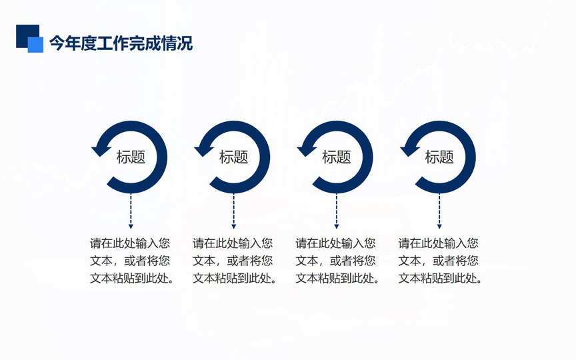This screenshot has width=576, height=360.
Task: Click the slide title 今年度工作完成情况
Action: (x=121, y=43)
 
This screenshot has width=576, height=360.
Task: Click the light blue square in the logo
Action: (x=35, y=45)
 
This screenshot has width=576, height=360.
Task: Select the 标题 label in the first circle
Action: (x=131, y=157)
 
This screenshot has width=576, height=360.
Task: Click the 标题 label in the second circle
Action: (x=233, y=157)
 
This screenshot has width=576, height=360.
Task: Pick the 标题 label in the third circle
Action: (x=337, y=157)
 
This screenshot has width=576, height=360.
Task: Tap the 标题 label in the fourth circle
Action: (x=439, y=157)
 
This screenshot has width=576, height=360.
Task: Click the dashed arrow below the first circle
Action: (x=131, y=211)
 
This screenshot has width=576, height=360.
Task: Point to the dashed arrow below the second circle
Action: (x=233, y=211)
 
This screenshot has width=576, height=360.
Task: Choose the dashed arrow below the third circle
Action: (x=337, y=211)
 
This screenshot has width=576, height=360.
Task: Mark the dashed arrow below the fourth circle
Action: (x=439, y=211)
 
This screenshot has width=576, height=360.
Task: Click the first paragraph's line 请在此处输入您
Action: (x=130, y=243)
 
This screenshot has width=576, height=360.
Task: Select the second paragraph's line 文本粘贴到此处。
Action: (x=235, y=278)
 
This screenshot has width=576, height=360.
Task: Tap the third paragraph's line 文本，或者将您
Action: (x=336, y=261)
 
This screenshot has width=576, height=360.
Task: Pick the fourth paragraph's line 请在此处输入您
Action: (x=439, y=243)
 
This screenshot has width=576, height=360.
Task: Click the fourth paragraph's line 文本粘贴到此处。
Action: (x=441, y=278)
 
